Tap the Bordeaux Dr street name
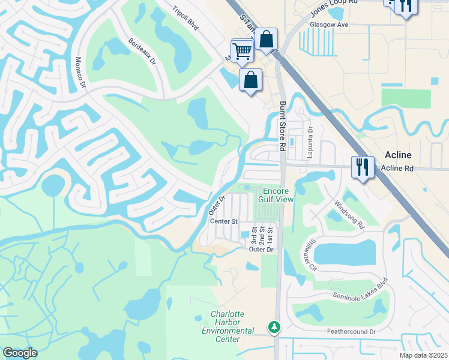click(x=142, y=52)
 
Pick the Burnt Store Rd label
click(x=282, y=126)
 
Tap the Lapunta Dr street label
click(x=310, y=137)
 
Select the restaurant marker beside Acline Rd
click(x=363, y=166)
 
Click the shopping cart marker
click(x=242, y=50)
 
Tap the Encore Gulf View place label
click(x=276, y=194)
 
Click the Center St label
click(x=224, y=221)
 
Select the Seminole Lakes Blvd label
click(x=360, y=290)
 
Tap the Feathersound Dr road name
click(x=351, y=331)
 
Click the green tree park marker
click(x=274, y=328)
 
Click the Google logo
click(x=20, y=352)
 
